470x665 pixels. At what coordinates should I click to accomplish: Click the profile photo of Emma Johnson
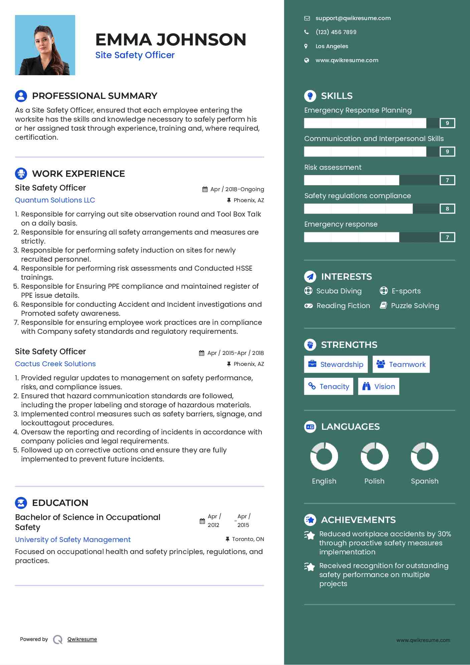[45, 45]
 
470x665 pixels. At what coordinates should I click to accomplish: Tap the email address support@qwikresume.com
[353, 18]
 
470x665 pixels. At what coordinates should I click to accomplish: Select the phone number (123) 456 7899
[336, 32]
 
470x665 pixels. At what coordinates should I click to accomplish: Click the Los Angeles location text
[332, 46]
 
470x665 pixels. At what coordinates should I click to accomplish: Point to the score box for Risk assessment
[447, 180]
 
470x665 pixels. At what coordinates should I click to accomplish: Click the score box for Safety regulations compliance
[447, 209]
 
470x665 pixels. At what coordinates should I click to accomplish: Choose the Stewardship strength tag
[336, 364]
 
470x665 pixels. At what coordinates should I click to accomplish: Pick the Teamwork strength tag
[401, 364]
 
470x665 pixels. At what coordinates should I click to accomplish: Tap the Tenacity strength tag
[329, 386]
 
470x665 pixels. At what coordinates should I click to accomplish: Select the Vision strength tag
[378, 386]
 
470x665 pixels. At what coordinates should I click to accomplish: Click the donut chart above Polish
[374, 456]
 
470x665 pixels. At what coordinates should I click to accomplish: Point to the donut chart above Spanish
[425, 456]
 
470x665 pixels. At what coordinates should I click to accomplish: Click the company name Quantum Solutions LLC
[55, 200]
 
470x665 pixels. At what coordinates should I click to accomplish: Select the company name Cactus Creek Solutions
[55, 364]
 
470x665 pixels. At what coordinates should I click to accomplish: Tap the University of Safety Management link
[73, 540]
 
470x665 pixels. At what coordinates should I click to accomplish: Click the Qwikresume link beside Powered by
[82, 639]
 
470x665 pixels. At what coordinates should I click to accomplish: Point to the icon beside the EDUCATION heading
[21, 503]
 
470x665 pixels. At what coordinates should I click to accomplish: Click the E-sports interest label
[406, 291]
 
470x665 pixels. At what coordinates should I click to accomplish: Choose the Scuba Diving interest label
[339, 291]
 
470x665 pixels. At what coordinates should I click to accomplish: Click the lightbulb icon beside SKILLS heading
[310, 96]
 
